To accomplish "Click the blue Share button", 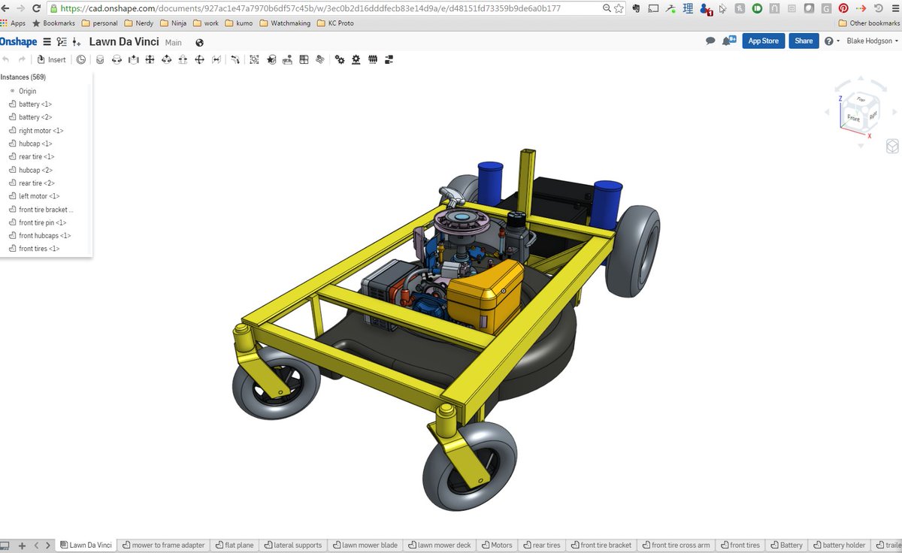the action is pos(804,41).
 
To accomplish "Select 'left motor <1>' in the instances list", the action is pos(39,196).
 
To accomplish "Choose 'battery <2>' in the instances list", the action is pos(35,117).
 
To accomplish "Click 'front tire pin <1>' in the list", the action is pos(42,222).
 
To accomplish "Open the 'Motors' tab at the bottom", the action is pos(498,545).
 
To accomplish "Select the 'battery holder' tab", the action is pos(840,545).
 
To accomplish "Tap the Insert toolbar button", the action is pos(51,60).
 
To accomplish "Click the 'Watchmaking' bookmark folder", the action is pos(285,23).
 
